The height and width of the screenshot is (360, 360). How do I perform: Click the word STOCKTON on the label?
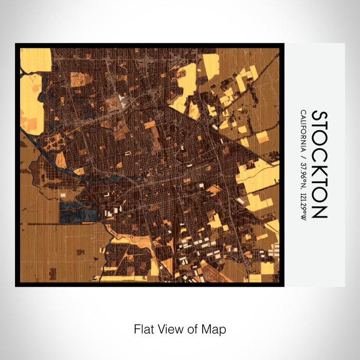319,165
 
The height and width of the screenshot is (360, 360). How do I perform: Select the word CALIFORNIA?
303,132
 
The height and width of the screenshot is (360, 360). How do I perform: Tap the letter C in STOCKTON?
319,154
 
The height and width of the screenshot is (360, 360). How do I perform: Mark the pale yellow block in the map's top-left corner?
35,59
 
